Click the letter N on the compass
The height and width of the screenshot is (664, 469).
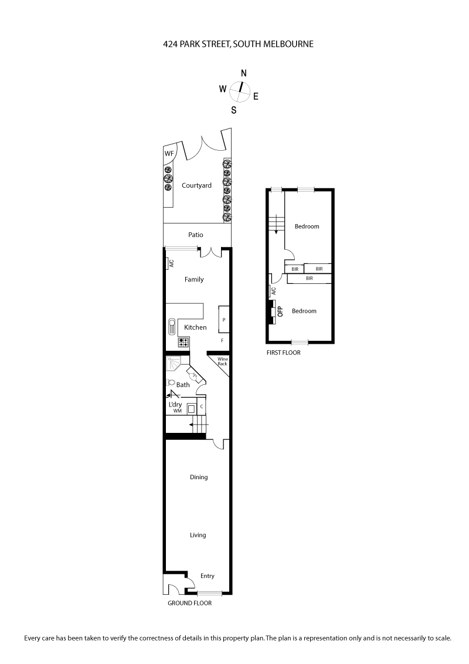pos(244,73)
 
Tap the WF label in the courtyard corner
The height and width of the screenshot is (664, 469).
pos(169,154)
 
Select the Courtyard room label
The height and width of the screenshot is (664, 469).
pos(196,185)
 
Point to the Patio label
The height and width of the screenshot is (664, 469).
pos(196,235)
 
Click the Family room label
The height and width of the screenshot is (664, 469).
pos(194,279)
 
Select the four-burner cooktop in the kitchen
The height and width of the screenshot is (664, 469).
pos(183,341)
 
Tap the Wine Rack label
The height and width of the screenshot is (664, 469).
pos(222,361)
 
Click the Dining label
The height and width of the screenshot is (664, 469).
pos(199,477)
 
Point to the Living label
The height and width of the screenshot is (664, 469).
pos(198,535)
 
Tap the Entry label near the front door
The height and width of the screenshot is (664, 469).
pos(208,576)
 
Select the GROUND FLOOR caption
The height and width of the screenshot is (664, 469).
pos(189,603)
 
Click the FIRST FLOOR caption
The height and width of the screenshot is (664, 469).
pos(284,353)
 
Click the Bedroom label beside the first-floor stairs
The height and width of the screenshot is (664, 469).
pos(307,226)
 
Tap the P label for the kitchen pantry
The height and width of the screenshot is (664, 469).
pos(224,320)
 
